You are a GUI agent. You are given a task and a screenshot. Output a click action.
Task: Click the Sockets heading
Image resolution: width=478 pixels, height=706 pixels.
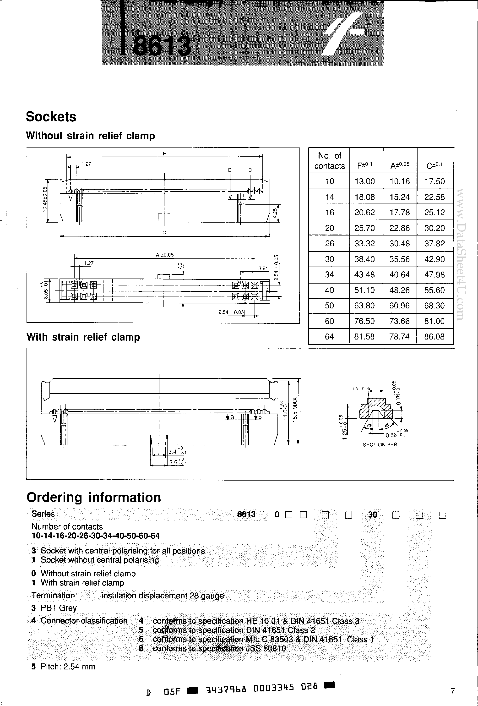pyautogui.click(x=51, y=117)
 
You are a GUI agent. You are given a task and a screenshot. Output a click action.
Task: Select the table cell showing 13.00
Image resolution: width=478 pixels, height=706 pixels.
pyautogui.click(x=364, y=181)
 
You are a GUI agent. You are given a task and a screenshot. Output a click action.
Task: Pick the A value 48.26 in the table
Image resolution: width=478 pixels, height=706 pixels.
pyautogui.click(x=399, y=290)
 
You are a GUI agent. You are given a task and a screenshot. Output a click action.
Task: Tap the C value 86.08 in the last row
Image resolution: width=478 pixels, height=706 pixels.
pyautogui.click(x=434, y=337)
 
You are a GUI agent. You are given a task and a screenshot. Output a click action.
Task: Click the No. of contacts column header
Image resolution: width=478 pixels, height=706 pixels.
pyautogui.click(x=330, y=161)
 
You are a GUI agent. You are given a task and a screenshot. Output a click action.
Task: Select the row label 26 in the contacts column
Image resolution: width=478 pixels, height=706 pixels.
pyautogui.click(x=330, y=244)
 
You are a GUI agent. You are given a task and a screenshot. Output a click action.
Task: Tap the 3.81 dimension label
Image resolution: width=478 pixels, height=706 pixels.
pyautogui.click(x=263, y=268)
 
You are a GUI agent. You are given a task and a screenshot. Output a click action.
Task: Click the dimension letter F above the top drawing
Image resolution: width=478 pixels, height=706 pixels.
pyautogui.click(x=164, y=154)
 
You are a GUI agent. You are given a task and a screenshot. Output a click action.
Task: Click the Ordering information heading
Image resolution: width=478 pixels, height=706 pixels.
pyautogui.click(x=93, y=498)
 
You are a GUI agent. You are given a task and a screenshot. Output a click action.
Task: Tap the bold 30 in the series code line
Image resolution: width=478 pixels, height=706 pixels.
pyautogui.click(x=373, y=514)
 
